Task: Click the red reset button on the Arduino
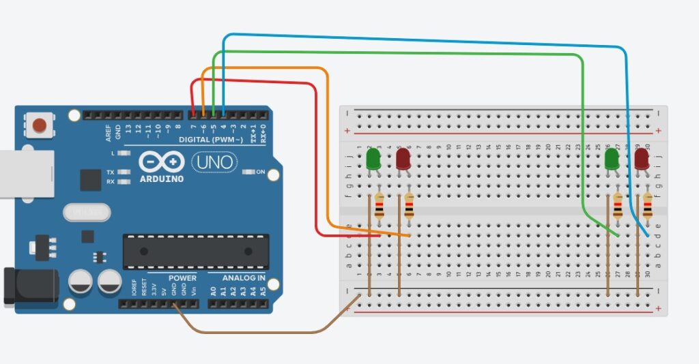tap(40, 125)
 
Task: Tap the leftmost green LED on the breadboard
tap(373, 160)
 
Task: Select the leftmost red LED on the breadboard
tap(403, 160)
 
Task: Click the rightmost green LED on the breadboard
tap(612, 160)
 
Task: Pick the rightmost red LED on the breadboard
tap(642, 160)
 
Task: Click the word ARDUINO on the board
tap(161, 179)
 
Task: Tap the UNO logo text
tap(214, 162)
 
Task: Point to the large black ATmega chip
tap(196, 251)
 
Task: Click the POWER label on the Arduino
tap(182, 278)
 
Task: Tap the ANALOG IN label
tap(244, 278)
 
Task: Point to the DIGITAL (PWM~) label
tap(210, 140)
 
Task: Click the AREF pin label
tap(109, 132)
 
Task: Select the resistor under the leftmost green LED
tap(380, 207)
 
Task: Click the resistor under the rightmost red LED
tap(648, 207)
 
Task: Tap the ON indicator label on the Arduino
tap(260, 172)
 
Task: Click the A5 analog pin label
tap(263, 291)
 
